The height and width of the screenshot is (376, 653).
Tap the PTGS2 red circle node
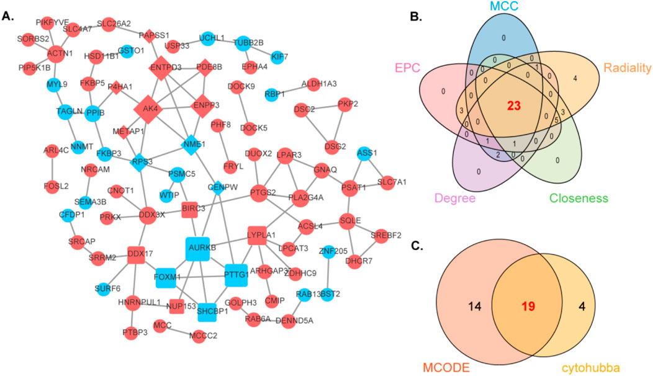(261, 193)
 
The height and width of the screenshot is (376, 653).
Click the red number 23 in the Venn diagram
(513, 106)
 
